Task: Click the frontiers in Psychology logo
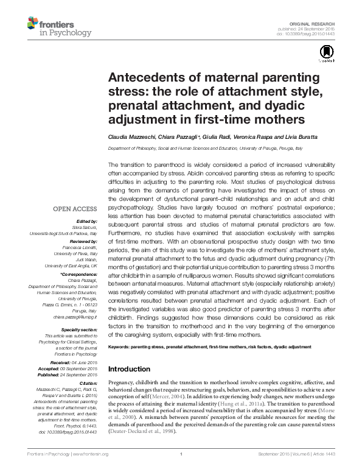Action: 58,27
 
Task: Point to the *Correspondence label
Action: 79,275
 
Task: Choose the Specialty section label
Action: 77,329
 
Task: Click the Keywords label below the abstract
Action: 124,347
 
